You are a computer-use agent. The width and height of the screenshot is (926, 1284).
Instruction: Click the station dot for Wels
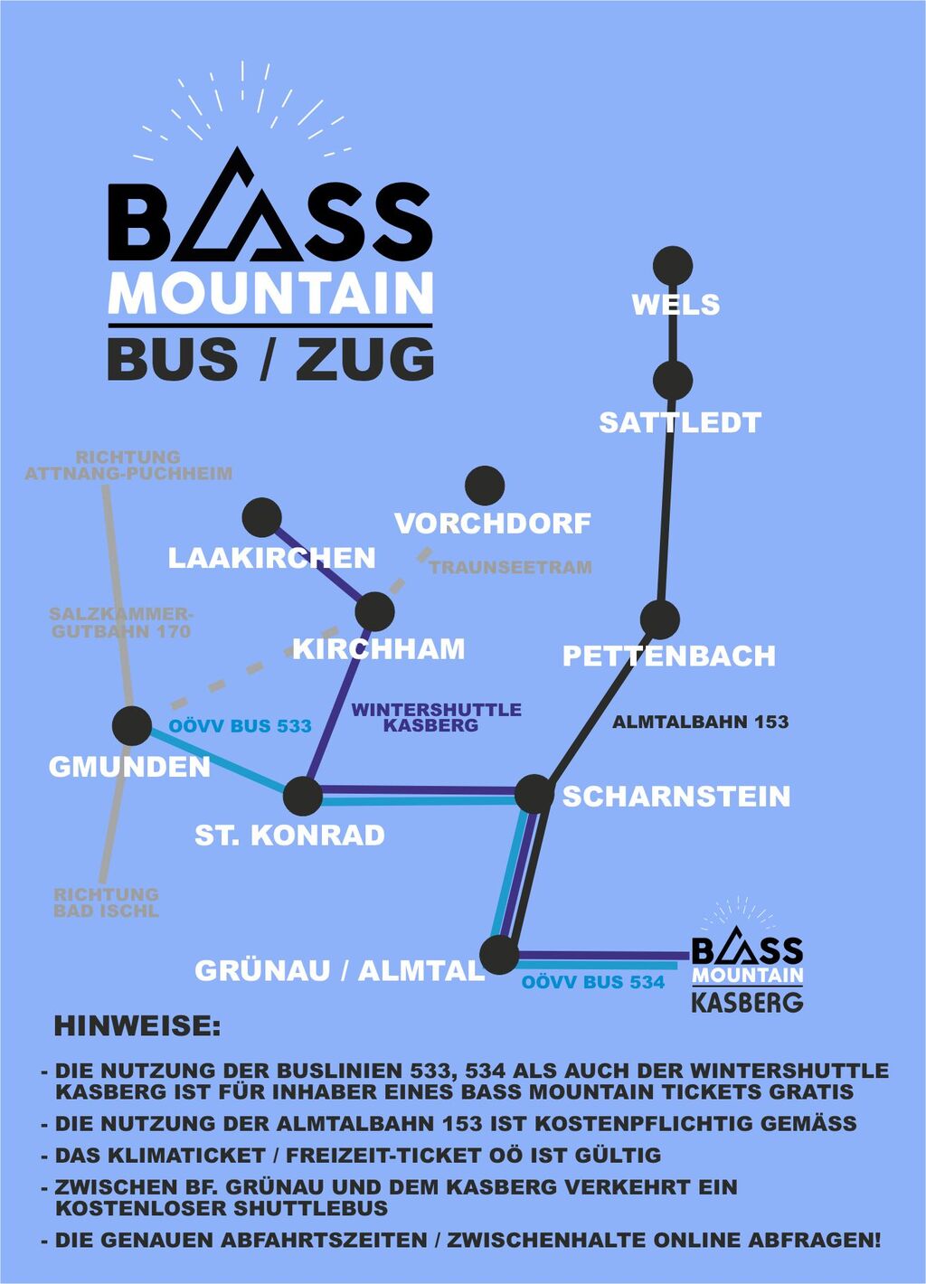point(673,266)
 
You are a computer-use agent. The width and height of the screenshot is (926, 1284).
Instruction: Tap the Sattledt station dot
point(673,381)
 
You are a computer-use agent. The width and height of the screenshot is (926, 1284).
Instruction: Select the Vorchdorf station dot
point(485,486)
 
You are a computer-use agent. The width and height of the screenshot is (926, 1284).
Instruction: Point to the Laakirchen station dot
point(262,517)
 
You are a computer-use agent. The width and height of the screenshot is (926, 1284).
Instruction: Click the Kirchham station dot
point(375,611)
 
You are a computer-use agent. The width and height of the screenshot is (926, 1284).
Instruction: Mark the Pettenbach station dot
point(660,619)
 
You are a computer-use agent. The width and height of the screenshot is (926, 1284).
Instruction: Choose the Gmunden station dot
point(132,726)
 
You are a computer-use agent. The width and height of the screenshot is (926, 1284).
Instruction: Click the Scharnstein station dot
point(534,794)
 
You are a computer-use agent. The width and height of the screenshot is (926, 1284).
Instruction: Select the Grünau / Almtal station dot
point(499,954)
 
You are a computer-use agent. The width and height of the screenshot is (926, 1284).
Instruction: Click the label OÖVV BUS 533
point(240,726)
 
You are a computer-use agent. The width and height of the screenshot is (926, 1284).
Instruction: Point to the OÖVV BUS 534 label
point(593,983)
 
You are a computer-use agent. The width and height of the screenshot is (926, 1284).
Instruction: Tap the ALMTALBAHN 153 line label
point(700,722)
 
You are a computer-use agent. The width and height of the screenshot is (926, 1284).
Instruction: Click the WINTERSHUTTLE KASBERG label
point(437,717)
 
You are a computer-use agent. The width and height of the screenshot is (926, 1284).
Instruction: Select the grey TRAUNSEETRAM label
point(511,568)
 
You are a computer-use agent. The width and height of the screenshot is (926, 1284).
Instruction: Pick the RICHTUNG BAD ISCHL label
point(106,902)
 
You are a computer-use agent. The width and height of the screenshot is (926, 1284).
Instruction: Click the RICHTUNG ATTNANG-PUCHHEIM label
point(128,466)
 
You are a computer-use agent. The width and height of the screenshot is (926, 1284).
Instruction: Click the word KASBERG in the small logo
point(748,1003)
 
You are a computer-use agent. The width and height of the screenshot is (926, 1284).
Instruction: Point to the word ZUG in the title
point(364,359)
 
